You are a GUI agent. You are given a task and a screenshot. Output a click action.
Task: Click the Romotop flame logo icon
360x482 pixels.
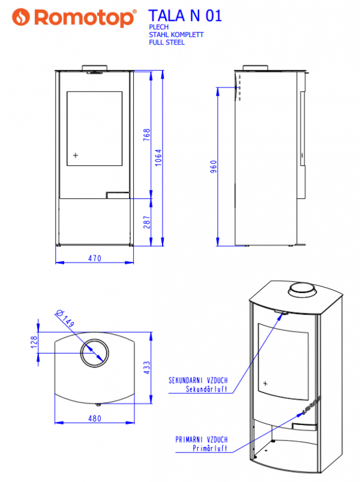click(x=21, y=17)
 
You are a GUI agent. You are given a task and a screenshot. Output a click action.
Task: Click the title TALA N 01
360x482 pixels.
click(x=185, y=16)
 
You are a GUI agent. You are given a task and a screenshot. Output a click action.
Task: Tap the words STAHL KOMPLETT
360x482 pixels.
click(x=176, y=35)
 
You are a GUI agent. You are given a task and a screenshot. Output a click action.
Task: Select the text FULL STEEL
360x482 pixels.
click(x=167, y=43)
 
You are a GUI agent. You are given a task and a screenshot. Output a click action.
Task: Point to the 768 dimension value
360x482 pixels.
click(x=147, y=135)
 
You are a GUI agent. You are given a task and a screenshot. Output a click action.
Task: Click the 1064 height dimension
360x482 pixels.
click(x=158, y=158)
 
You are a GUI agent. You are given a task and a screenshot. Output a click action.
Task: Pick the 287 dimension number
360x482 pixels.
click(x=147, y=222)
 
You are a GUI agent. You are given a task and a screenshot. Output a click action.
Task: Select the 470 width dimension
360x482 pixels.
click(x=95, y=258)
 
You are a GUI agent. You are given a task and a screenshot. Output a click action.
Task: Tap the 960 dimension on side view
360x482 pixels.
click(x=214, y=167)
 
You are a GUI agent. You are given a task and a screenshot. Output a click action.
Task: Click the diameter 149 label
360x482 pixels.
click(x=65, y=318)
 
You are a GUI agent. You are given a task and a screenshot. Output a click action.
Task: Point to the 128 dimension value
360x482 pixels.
click(x=34, y=342)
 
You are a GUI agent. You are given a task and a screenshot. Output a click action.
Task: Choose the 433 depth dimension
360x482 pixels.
click(x=147, y=367)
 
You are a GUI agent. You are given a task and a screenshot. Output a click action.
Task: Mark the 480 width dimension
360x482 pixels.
click(x=95, y=418)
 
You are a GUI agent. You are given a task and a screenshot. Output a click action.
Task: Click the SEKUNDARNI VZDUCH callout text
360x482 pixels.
click(x=198, y=381)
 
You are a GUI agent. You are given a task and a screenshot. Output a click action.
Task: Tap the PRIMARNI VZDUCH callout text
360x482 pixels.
click(x=202, y=439)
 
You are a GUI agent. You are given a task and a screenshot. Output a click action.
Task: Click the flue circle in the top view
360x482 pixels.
click(x=94, y=353)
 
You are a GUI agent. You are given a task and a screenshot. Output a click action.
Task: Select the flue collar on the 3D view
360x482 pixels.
click(x=302, y=290)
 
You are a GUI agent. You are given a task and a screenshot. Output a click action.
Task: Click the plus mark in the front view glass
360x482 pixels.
click(x=76, y=155)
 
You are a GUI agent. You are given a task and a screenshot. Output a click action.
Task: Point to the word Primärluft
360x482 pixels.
click(x=210, y=448)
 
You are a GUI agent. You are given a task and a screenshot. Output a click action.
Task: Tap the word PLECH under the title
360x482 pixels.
click(x=159, y=27)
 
